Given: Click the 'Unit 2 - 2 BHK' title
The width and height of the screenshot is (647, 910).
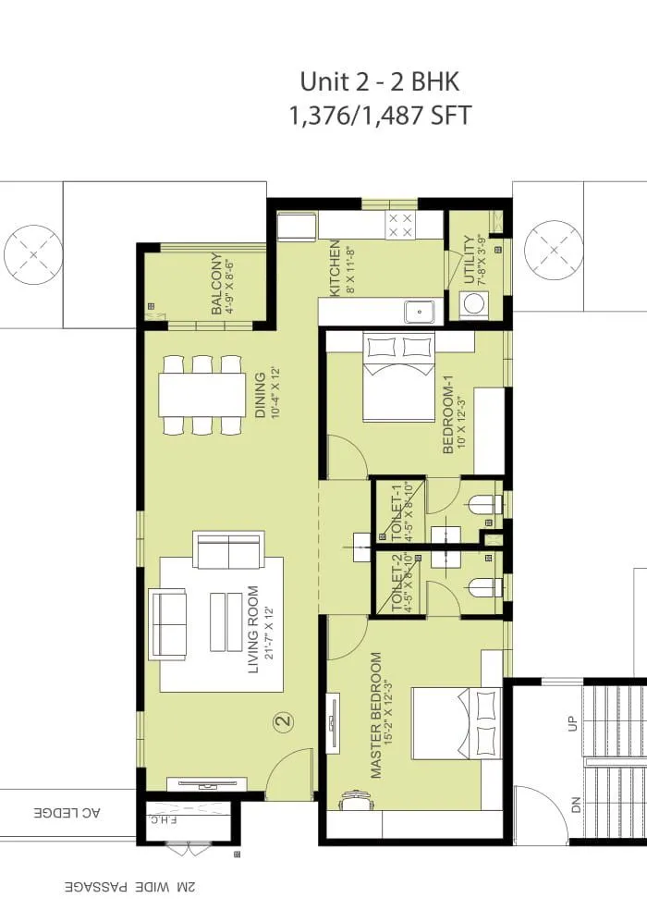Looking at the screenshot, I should pos(380,82).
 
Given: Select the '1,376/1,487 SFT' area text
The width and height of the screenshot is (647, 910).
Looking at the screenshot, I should pos(380,117).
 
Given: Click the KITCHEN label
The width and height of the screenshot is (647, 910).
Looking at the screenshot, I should pos(336,268).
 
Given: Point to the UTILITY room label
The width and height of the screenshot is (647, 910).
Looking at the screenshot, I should pos(471,260).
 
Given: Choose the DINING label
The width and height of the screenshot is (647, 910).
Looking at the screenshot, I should pos(261,395).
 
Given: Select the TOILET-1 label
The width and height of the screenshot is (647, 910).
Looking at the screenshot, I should pos(397,512).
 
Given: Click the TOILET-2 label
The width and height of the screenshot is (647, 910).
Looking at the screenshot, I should pos(397,583).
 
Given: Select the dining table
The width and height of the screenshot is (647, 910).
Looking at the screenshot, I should pos(201,395).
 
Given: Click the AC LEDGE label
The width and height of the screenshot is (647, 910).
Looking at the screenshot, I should pos(67,813).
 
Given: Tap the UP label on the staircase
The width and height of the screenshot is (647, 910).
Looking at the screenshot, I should pos(572,721).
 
